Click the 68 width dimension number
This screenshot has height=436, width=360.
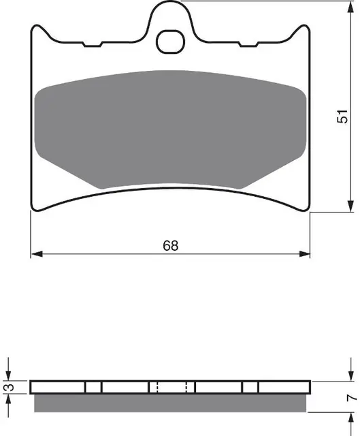[x=171, y=245]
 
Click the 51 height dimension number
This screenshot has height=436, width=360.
[x=342, y=116]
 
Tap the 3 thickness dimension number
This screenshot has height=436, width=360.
[x=10, y=387]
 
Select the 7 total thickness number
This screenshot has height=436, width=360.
[x=352, y=398]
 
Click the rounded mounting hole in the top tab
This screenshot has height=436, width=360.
[x=170, y=42]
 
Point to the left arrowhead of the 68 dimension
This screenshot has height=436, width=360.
[x=37, y=254]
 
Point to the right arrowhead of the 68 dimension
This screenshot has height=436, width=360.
[x=304, y=254]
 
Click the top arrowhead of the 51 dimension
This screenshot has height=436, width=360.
[x=351, y=7]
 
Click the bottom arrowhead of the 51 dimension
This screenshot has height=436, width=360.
[x=351, y=206]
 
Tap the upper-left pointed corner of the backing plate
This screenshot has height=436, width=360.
[x=35, y=26]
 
